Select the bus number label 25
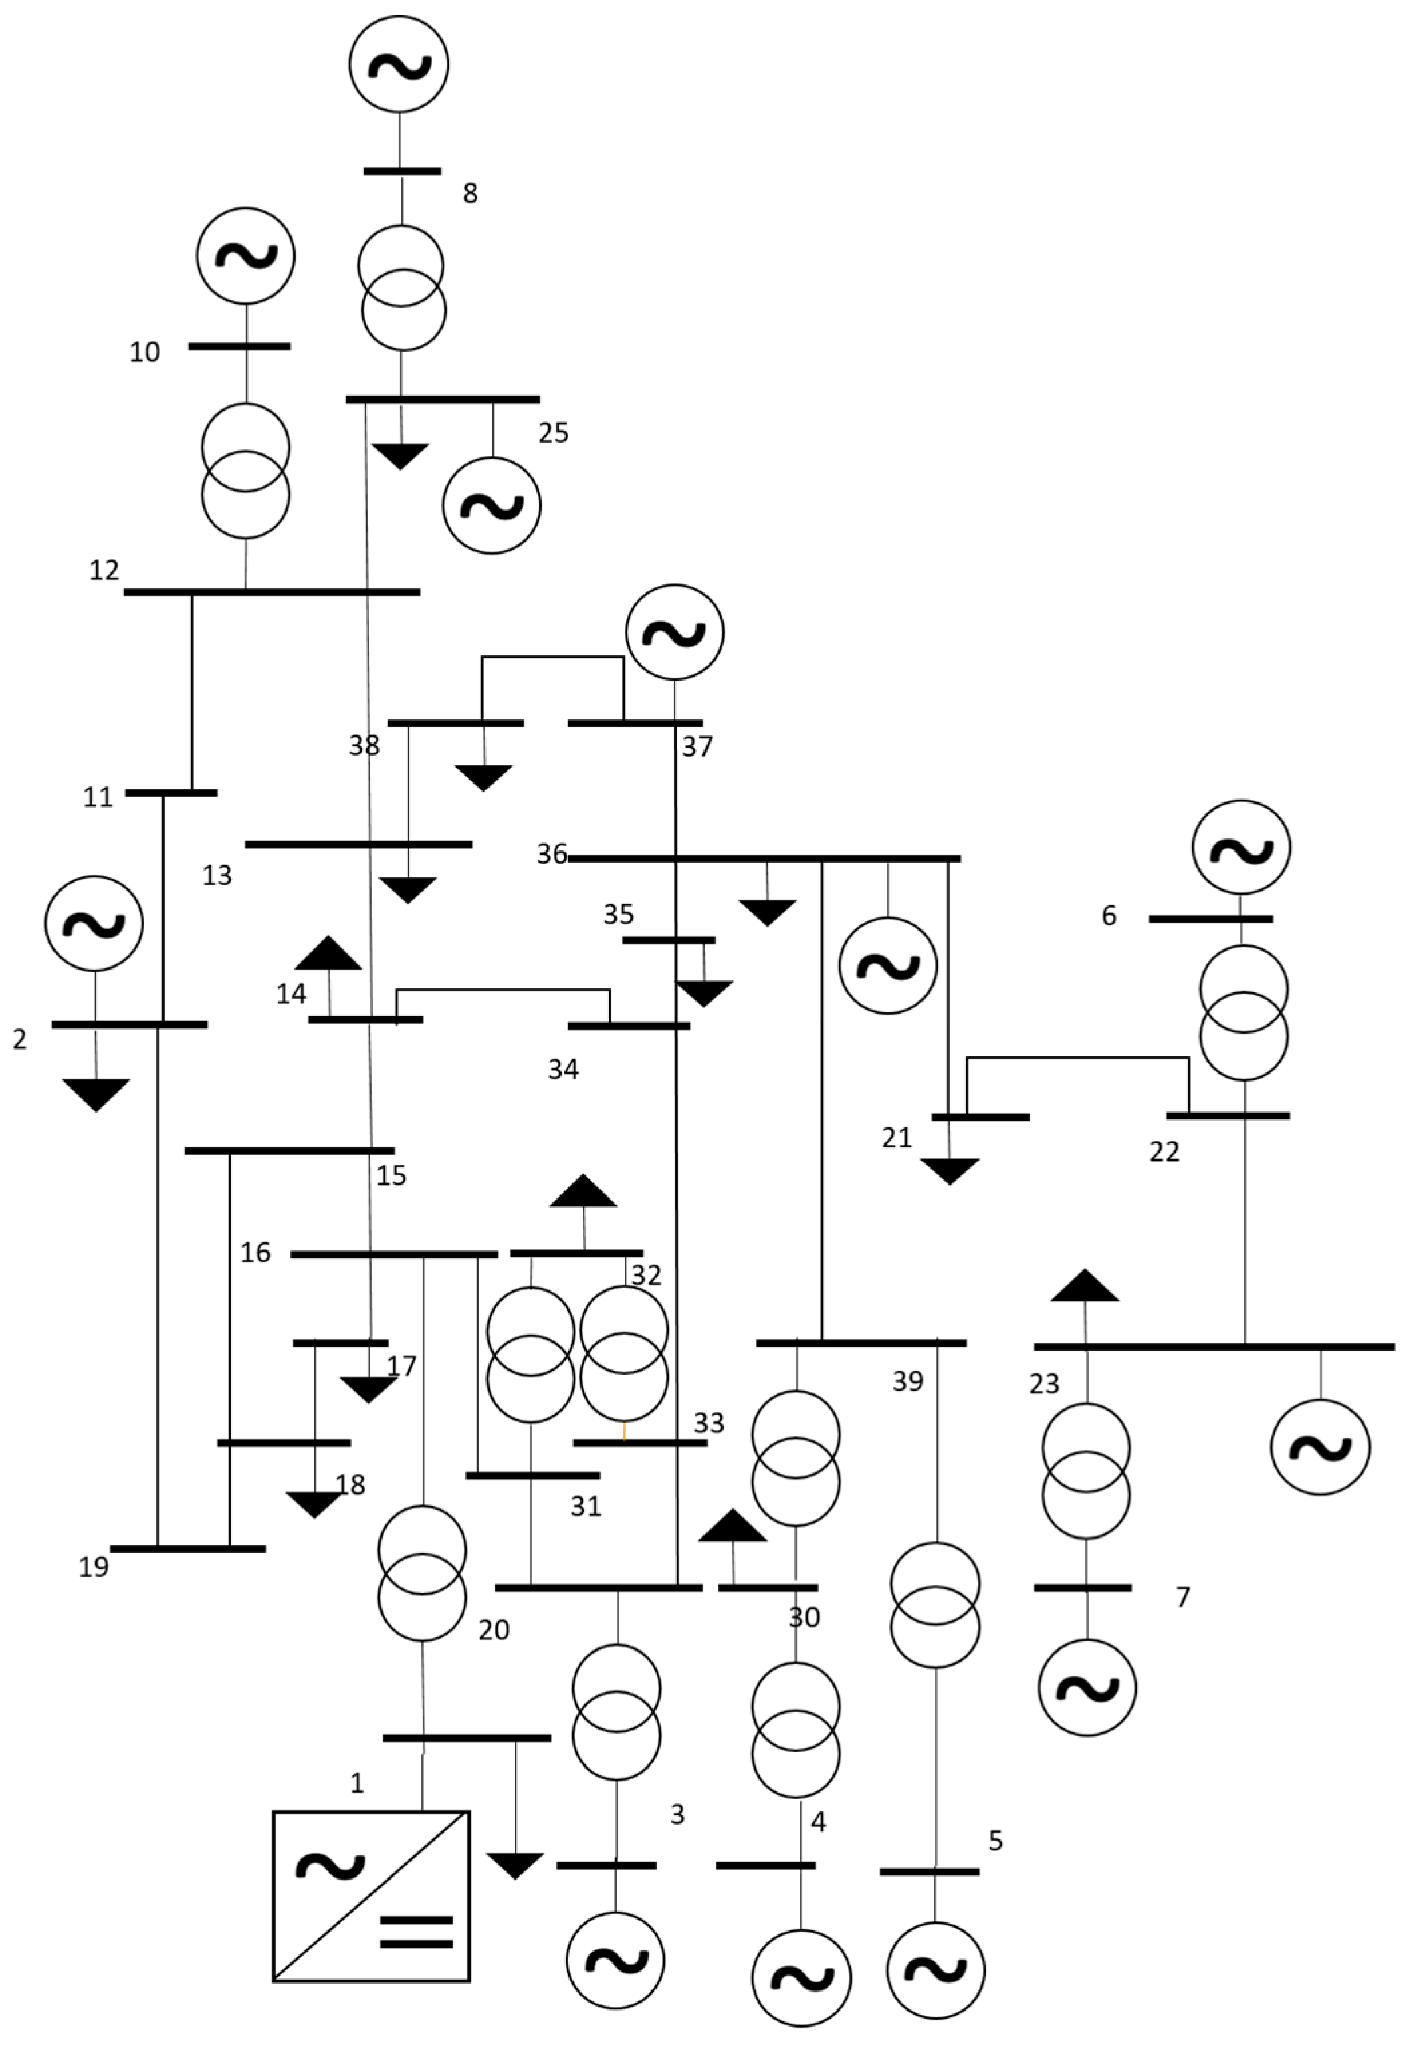(554, 433)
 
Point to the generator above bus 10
(246, 255)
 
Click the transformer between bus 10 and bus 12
(246, 470)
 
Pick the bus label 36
(552, 855)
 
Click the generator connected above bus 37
(675, 632)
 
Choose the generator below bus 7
(1087, 1688)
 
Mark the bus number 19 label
(94, 1567)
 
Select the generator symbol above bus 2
(94, 923)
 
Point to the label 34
(563, 1070)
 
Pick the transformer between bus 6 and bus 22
(1244, 1013)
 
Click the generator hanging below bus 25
(491, 505)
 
